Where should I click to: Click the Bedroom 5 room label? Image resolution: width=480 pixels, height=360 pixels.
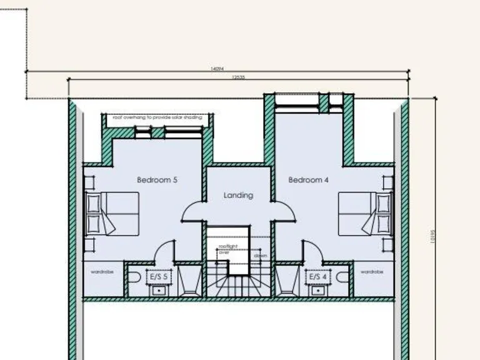click(157, 180)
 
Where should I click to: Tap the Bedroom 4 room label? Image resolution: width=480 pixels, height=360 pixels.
click(308, 180)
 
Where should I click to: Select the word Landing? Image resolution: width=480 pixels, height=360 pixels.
click(238, 195)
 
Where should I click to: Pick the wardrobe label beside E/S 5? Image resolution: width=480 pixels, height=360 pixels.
click(101, 272)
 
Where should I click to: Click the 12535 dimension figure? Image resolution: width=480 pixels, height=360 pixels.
click(237, 77)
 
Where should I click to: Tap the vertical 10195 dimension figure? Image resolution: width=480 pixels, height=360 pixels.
click(431, 237)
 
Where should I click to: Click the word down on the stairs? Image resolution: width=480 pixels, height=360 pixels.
click(261, 256)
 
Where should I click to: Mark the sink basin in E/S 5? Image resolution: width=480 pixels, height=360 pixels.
click(159, 289)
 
